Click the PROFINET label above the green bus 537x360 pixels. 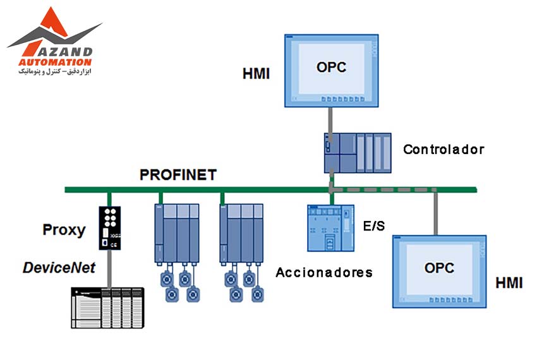coord(178,174)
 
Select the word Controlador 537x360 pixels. coord(443,150)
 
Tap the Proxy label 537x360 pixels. coord(63,229)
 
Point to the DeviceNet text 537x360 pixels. coord(59,267)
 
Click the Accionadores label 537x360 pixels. coord(324,273)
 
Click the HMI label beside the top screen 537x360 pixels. coord(256,74)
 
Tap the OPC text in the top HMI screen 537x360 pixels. coord(331,67)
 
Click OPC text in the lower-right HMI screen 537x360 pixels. coord(439,267)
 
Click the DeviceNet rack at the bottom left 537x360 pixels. coord(107,308)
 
